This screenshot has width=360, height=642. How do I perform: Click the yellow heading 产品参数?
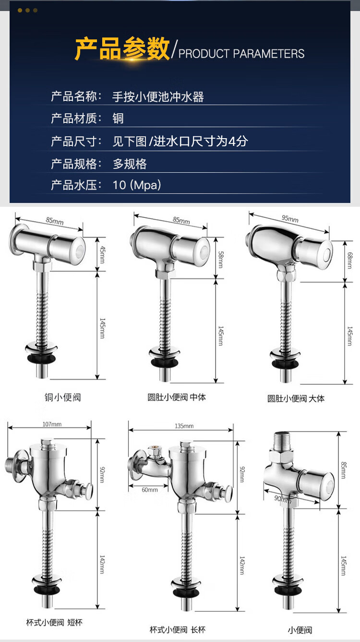122,48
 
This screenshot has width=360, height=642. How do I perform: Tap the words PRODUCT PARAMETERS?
241,54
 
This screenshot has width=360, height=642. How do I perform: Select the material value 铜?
118,118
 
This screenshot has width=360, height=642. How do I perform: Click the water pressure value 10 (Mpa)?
137,185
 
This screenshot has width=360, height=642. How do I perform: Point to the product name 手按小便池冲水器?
158,97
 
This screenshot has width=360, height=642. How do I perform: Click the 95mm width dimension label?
290,219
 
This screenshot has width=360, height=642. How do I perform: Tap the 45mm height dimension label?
102,254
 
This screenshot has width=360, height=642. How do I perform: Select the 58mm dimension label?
221,259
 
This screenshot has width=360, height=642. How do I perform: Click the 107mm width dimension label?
52,424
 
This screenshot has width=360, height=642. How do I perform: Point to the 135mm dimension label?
184,426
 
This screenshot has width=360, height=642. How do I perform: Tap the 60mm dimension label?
150,490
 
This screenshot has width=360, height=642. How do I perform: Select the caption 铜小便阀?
63,397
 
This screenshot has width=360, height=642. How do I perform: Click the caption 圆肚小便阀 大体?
296,398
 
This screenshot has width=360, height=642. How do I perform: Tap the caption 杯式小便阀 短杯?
54,622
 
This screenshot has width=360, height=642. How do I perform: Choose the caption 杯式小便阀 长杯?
178,630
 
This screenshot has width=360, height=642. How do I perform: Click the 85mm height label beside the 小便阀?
343,470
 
